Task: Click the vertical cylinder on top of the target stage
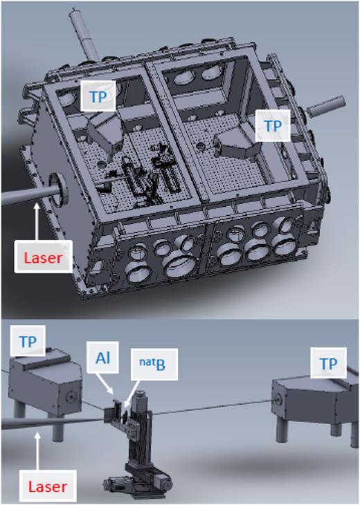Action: [x=138, y=404]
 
